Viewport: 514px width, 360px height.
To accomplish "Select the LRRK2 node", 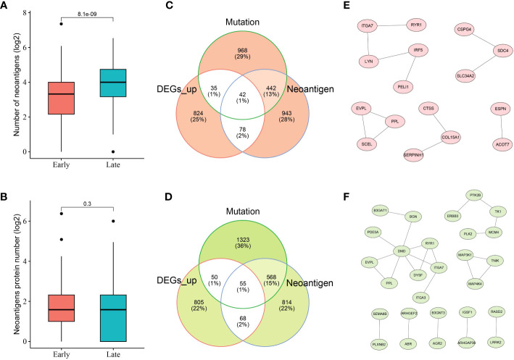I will (479, 340).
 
